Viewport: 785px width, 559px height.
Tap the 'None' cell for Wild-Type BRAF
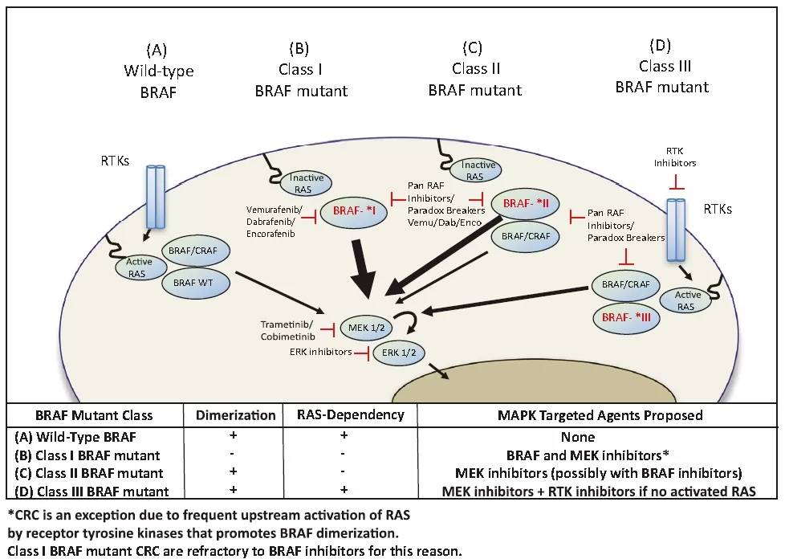tap(588, 438)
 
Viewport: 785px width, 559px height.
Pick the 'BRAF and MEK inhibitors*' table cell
tap(588, 455)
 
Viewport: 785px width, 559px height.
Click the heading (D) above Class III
tap(662, 46)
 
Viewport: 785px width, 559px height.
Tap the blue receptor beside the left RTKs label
tap(156, 198)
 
